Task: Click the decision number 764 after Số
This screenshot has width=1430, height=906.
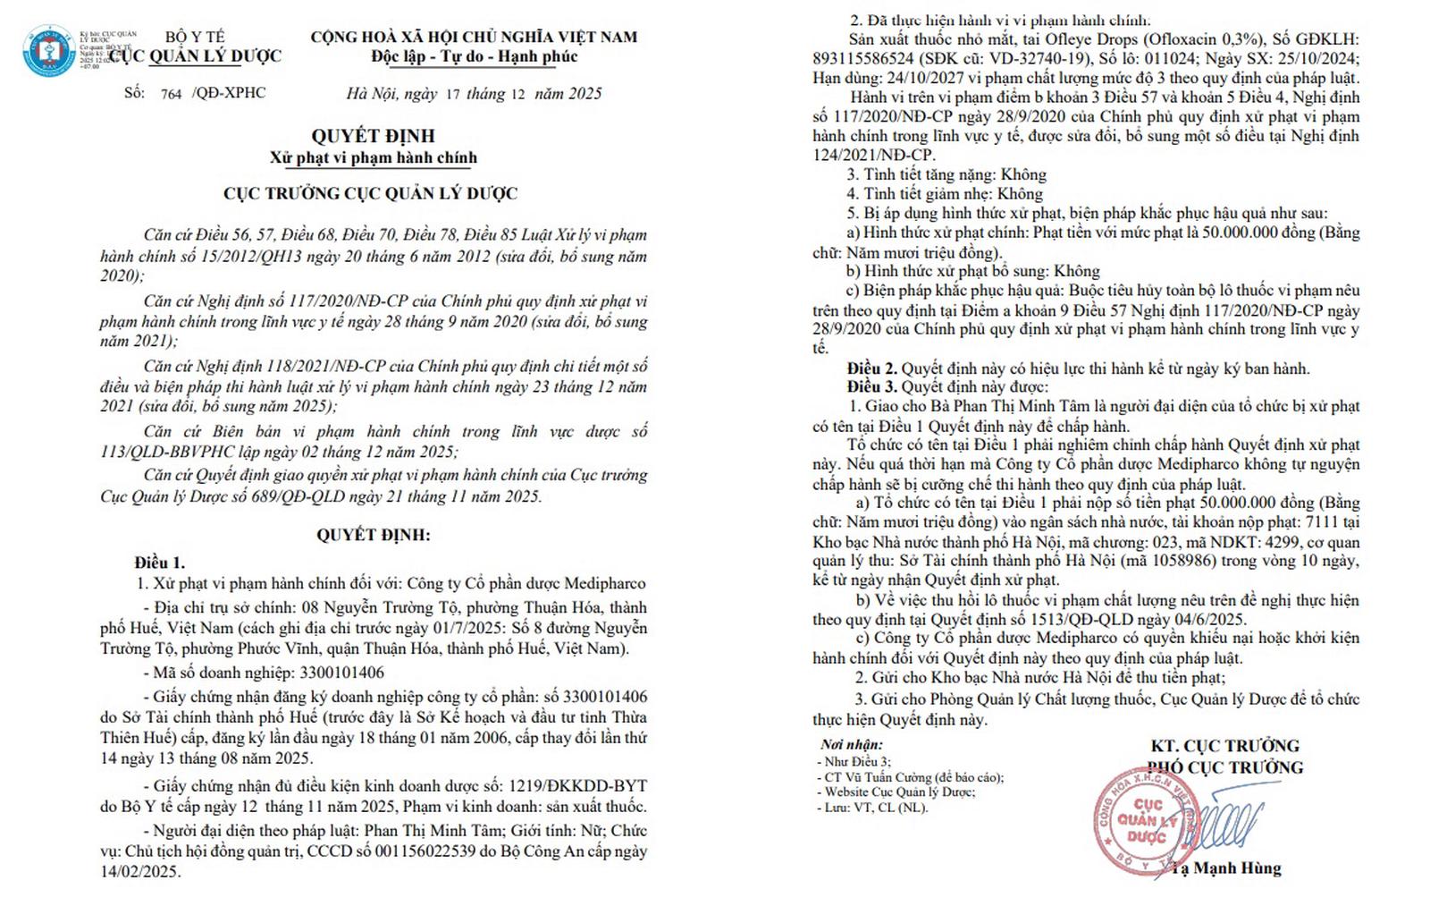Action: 171,94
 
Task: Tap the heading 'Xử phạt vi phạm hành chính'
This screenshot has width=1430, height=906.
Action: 373,158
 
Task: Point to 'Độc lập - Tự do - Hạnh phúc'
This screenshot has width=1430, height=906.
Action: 474,57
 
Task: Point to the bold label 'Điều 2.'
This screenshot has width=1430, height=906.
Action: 871,368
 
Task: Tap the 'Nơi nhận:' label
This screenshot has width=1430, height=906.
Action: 851,744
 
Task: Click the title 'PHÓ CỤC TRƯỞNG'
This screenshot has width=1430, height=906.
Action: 1226,767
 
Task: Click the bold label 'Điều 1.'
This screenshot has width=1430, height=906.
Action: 160,563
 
